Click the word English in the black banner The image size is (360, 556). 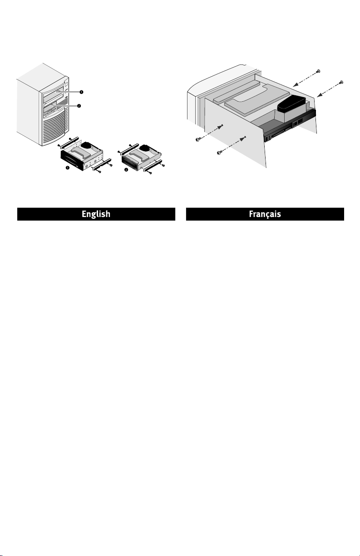[96, 214]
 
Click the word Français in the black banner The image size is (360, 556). [265, 214]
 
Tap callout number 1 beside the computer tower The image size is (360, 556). [81, 92]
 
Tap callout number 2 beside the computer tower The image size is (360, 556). [79, 106]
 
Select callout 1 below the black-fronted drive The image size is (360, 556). [67, 168]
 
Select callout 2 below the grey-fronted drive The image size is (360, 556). [126, 170]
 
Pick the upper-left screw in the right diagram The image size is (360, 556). [197, 139]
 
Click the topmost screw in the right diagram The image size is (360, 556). [318, 72]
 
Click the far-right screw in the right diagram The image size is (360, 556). [341, 82]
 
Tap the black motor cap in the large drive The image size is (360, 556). [291, 104]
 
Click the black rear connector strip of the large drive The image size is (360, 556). [290, 126]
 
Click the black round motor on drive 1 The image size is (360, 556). [87, 145]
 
